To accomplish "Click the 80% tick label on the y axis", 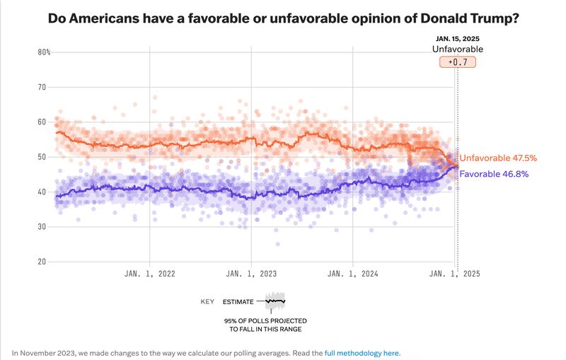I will [x=43, y=52].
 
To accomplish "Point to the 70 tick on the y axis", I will [x=42, y=87].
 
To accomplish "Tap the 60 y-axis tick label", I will [x=42, y=122].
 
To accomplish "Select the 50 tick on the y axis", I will [x=42, y=157].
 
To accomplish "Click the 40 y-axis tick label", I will [x=42, y=192].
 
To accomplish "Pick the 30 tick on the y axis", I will [x=42, y=227].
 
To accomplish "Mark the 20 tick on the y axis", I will [x=42, y=262].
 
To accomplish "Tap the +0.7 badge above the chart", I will [x=458, y=62].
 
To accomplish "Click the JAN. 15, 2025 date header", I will [x=458, y=38].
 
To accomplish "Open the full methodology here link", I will [x=362, y=352].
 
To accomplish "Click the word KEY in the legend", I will [x=207, y=302].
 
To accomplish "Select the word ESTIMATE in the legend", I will [x=238, y=302].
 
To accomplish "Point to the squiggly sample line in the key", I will [x=275, y=301].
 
